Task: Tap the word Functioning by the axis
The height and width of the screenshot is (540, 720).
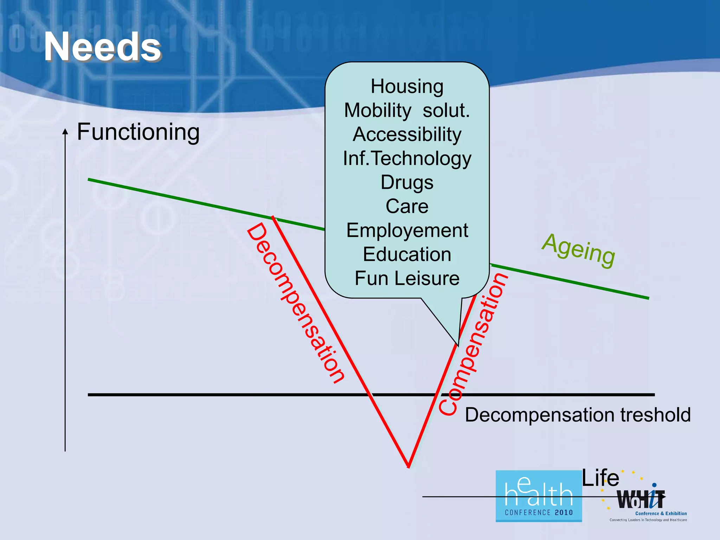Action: tap(138, 132)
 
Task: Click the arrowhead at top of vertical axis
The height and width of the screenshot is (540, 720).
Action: tap(65, 131)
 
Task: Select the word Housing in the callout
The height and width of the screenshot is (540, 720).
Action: tap(407, 86)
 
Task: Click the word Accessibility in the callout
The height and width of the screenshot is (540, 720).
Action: tap(407, 134)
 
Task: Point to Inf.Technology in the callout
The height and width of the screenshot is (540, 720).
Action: tap(407, 159)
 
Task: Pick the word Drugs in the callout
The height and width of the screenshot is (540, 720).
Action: tap(407, 182)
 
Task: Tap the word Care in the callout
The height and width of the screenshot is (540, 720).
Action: tap(407, 206)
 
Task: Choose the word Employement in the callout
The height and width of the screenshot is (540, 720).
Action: tap(407, 231)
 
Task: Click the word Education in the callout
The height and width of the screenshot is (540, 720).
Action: tap(407, 254)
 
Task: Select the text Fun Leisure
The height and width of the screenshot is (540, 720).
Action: tap(407, 278)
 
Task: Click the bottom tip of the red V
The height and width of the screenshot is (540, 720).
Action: tap(409, 466)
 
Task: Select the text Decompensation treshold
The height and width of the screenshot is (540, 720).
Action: tap(578, 415)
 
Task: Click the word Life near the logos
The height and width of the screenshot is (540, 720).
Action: tap(600, 478)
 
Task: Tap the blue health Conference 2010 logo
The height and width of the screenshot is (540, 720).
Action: tap(538, 496)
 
